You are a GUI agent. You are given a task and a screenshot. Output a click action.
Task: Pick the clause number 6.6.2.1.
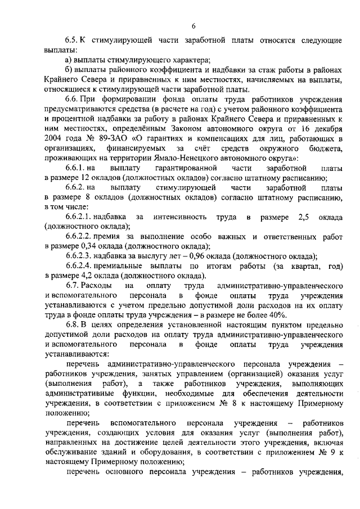81,217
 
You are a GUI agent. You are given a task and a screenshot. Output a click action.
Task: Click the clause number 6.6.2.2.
81,237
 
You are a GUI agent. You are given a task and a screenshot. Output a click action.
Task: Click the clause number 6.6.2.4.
81,267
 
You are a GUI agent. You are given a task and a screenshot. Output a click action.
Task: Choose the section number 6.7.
72,286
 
